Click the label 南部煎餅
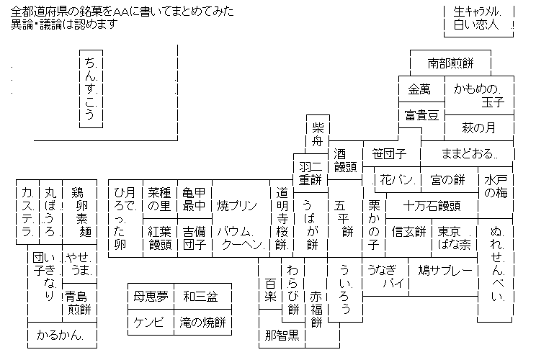(x=450, y=63)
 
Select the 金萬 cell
(x=419, y=89)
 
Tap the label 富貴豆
(x=421, y=114)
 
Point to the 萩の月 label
(x=479, y=128)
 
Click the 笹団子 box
(x=390, y=153)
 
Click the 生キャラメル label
(x=478, y=12)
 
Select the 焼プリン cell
(x=237, y=205)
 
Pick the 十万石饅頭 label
(x=432, y=205)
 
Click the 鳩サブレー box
(x=445, y=271)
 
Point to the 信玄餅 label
(x=409, y=231)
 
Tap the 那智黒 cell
(x=281, y=335)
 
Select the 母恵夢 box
(x=150, y=296)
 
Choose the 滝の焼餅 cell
(x=203, y=322)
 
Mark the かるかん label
(x=61, y=336)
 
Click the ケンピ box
(x=149, y=322)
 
